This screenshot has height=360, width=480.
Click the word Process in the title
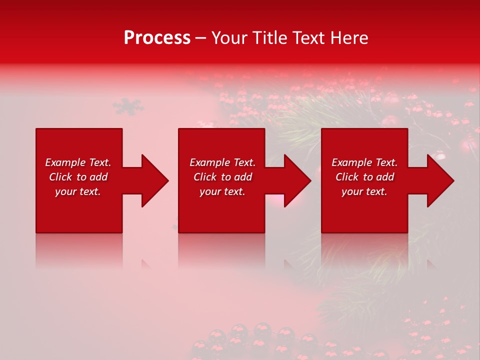click(x=157, y=38)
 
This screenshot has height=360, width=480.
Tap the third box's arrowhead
click(x=439, y=180)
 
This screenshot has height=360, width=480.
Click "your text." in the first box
click(x=78, y=191)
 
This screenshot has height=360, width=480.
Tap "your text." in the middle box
click(x=222, y=191)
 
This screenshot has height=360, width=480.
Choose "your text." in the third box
click(x=364, y=191)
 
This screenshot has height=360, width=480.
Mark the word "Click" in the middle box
click(x=205, y=177)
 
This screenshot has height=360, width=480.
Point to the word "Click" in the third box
click(x=347, y=177)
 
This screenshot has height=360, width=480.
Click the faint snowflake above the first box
click(x=127, y=106)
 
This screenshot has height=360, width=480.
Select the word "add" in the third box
click(x=385, y=177)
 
